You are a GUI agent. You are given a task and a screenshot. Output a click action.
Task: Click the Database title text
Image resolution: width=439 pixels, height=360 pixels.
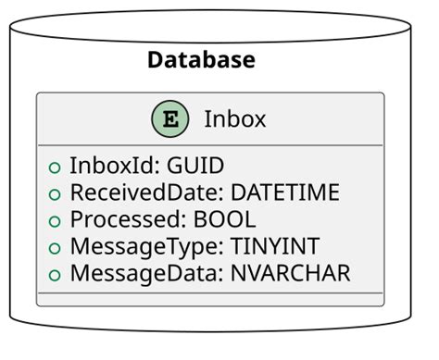(x=201, y=61)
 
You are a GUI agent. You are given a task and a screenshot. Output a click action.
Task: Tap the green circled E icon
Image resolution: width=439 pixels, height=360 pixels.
(x=169, y=118)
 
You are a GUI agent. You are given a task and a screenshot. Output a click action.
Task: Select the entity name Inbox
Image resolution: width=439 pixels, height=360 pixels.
(x=234, y=118)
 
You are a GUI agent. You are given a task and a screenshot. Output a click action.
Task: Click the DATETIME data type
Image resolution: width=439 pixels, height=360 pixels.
(x=284, y=192)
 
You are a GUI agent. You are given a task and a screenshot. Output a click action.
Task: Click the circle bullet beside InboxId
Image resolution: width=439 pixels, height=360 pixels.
(x=55, y=168)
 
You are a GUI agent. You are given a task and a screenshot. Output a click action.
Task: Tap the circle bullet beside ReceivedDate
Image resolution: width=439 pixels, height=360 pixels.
(x=55, y=194)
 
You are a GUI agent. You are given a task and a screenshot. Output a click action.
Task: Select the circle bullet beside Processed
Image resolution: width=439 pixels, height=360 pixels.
(x=55, y=221)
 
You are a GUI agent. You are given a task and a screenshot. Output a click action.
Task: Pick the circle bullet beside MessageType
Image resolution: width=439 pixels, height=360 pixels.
(x=55, y=248)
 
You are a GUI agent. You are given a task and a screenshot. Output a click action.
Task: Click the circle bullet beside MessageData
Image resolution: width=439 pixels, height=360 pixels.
(x=55, y=275)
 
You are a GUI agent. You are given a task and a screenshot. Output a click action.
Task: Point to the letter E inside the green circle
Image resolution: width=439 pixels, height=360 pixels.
(x=169, y=118)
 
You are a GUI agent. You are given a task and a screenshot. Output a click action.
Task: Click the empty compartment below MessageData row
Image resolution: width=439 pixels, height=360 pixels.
(x=209, y=299)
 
